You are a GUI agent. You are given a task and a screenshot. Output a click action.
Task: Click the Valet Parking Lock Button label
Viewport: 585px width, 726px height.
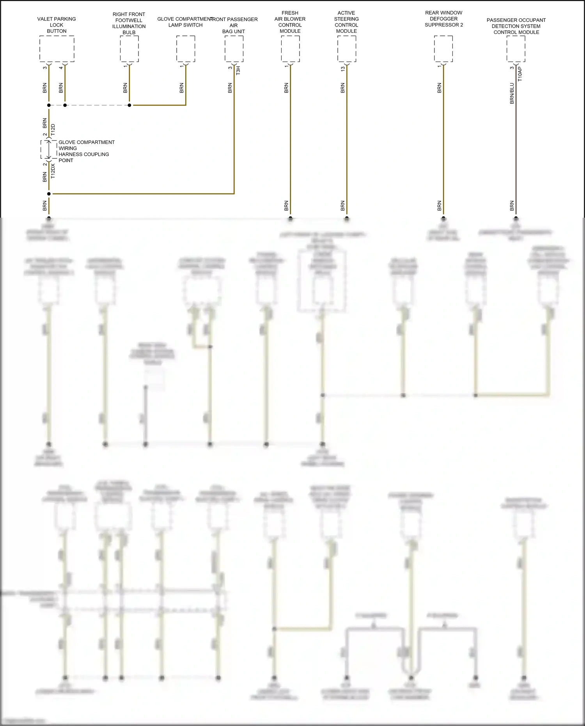tap(57, 25)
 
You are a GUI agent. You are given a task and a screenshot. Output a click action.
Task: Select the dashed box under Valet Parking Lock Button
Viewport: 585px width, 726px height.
tap(57, 49)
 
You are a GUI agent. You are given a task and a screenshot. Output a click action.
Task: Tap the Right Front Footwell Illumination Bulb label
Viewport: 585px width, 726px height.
tap(129, 23)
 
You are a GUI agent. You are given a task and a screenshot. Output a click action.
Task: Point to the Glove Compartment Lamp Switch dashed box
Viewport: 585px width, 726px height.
tap(186, 49)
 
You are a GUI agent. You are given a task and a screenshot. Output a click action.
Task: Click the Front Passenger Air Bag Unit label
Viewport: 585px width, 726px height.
tap(234, 25)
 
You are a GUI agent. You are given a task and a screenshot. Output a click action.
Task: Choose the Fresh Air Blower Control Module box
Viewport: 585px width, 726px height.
tap(290, 49)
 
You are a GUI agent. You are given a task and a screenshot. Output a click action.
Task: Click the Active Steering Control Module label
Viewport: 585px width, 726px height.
tap(346, 22)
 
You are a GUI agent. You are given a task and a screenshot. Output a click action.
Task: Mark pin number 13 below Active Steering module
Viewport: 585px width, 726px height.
tap(343, 68)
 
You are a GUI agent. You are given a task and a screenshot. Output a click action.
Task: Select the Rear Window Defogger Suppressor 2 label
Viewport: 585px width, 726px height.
tap(444, 19)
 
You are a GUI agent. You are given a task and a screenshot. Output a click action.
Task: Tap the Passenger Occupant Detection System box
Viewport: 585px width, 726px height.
tap(516, 49)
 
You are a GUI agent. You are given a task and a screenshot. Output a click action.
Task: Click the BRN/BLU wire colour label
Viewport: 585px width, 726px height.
tap(512, 93)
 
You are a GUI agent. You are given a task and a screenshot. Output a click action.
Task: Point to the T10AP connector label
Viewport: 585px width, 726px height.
tap(520, 74)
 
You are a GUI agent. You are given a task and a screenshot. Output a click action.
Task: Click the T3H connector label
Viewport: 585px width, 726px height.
tap(238, 71)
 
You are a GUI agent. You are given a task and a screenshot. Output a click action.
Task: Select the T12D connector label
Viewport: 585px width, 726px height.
tap(53, 130)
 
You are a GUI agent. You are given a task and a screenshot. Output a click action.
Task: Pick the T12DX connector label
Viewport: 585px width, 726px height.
tap(53, 171)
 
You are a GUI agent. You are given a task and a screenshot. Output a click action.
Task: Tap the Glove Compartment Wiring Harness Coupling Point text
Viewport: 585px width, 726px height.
tap(86, 151)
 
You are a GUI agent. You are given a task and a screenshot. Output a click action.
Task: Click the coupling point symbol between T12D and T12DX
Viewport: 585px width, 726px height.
tap(49, 149)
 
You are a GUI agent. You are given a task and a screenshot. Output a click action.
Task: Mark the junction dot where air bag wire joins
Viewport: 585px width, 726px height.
tap(49, 193)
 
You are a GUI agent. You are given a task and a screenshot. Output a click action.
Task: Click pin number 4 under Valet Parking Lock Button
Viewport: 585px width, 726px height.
tap(61, 68)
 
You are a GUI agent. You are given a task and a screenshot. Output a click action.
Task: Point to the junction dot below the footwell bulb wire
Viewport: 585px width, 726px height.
tap(129, 105)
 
